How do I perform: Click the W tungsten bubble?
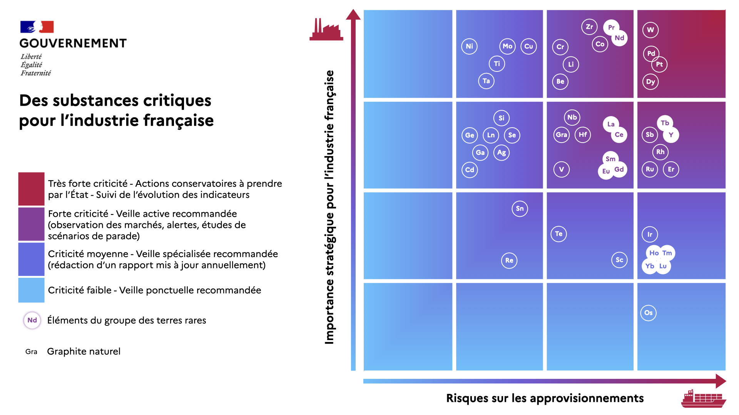coord(650,30)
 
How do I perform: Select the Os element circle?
coord(649,313)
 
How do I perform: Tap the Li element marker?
coord(571,64)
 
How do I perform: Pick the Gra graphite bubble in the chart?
coord(562,135)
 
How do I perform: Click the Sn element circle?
coord(520,209)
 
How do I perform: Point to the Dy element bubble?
coord(650,81)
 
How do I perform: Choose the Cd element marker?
coord(470,170)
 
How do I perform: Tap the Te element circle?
coord(558,234)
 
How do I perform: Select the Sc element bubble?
coord(619,260)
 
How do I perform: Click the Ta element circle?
coord(486,81)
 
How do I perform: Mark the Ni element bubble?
coord(469,46)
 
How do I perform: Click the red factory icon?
coord(326,30)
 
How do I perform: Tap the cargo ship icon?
coord(703,399)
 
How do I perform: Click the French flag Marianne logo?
coord(37,27)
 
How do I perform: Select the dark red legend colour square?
coord(32,189)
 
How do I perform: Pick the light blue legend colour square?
coord(32,290)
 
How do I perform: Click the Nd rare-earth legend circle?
coord(32,320)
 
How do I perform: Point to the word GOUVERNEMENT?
coord(73,43)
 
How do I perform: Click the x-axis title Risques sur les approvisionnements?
coord(545,398)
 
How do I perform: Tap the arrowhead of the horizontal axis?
coord(721,381)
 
